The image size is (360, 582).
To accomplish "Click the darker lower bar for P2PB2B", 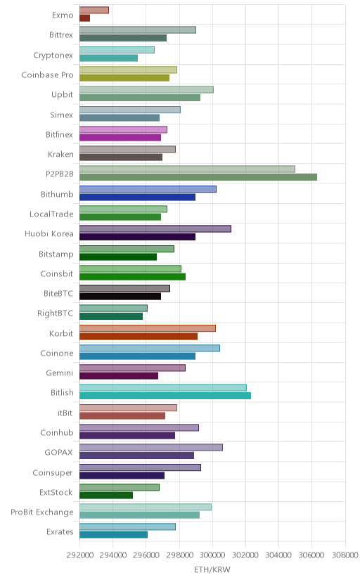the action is (x=198, y=177).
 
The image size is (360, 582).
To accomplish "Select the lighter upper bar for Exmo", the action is (x=94, y=10).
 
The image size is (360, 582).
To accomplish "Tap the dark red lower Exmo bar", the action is (x=84, y=18).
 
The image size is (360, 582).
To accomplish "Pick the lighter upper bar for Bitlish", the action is (x=163, y=387).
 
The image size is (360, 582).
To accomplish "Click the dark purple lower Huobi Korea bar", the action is (x=137, y=237).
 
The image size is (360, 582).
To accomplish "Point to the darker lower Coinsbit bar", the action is (x=132, y=276).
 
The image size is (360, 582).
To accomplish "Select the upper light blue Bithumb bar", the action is (x=148, y=189).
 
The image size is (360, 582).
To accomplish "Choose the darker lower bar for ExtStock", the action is (x=106, y=495).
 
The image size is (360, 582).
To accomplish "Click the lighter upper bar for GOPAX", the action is (x=151, y=447).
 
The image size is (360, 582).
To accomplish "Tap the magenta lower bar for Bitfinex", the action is (x=120, y=137).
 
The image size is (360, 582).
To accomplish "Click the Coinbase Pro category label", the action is (x=47, y=75).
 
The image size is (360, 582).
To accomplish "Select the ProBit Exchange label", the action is (x=42, y=512).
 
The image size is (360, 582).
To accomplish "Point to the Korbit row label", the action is (x=61, y=333).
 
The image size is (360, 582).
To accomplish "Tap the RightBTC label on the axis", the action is (x=56, y=313).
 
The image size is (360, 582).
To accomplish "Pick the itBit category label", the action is (x=65, y=413).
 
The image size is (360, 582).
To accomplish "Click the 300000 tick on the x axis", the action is (x=212, y=555).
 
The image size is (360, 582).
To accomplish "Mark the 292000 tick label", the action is (x=79, y=555).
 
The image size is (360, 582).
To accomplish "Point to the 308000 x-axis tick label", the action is (x=345, y=555).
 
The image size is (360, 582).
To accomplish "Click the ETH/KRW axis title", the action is (x=212, y=570).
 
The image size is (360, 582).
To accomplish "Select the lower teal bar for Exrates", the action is (x=114, y=534).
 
